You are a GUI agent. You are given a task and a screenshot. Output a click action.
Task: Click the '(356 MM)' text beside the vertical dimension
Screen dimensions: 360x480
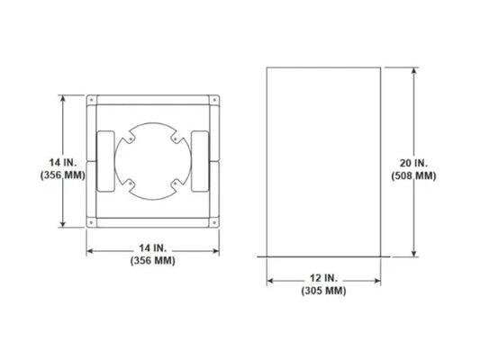63,175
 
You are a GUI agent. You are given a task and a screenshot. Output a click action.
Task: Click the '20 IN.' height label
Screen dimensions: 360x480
415,162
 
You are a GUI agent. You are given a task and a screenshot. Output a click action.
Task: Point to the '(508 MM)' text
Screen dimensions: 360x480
415,175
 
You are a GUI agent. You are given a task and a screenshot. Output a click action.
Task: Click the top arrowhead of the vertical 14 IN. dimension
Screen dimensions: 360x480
62,97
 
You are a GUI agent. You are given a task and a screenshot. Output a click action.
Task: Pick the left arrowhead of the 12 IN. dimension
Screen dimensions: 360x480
270,279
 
